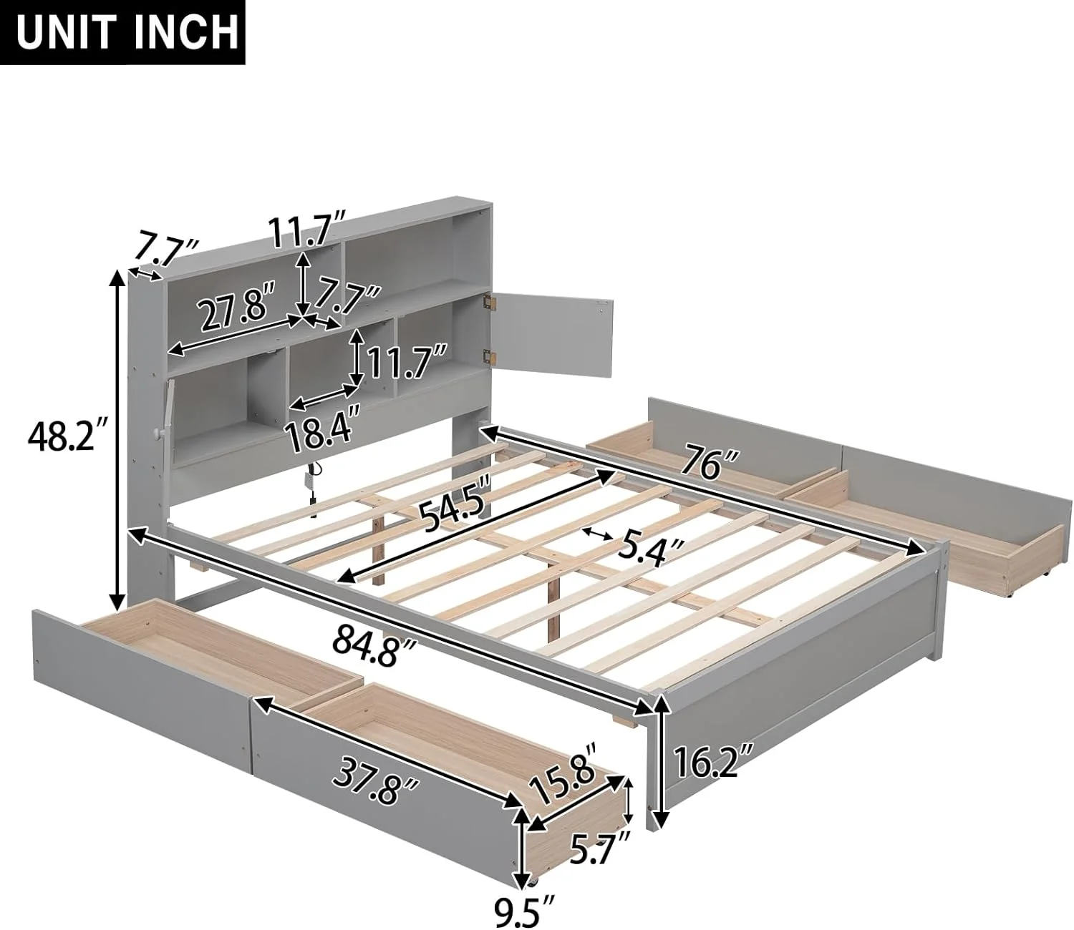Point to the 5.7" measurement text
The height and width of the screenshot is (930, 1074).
click(600, 847)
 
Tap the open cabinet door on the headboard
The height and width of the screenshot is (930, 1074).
click(551, 336)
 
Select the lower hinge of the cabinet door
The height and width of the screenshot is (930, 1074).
click(490, 356)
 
